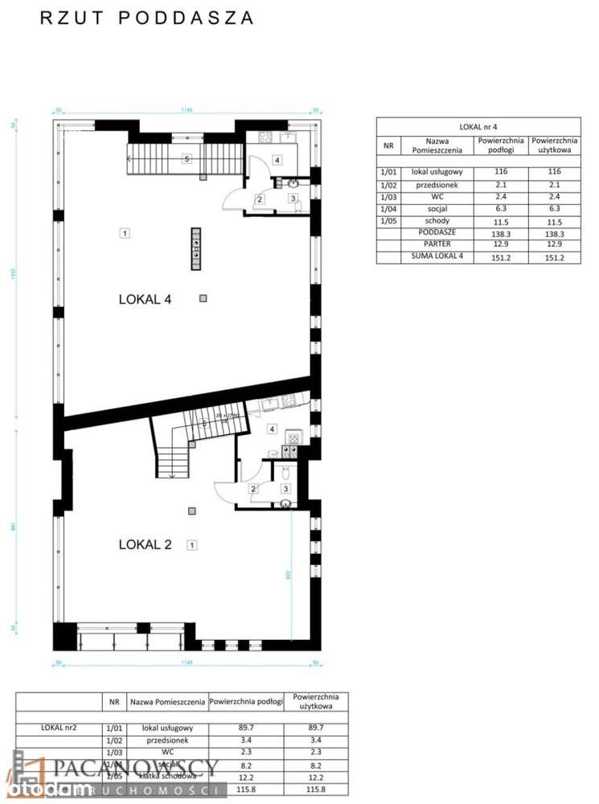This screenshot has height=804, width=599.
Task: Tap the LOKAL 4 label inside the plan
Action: click(x=145, y=299)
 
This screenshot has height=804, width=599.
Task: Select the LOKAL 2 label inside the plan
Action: click(x=145, y=544)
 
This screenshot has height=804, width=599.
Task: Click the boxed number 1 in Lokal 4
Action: click(x=125, y=234)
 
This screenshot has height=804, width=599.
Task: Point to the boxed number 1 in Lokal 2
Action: click(x=191, y=545)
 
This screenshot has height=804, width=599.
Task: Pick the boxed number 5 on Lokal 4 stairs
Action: click(x=187, y=159)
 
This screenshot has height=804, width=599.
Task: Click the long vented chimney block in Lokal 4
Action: click(x=195, y=249)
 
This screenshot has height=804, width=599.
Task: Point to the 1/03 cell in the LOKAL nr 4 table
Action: click(x=388, y=196)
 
